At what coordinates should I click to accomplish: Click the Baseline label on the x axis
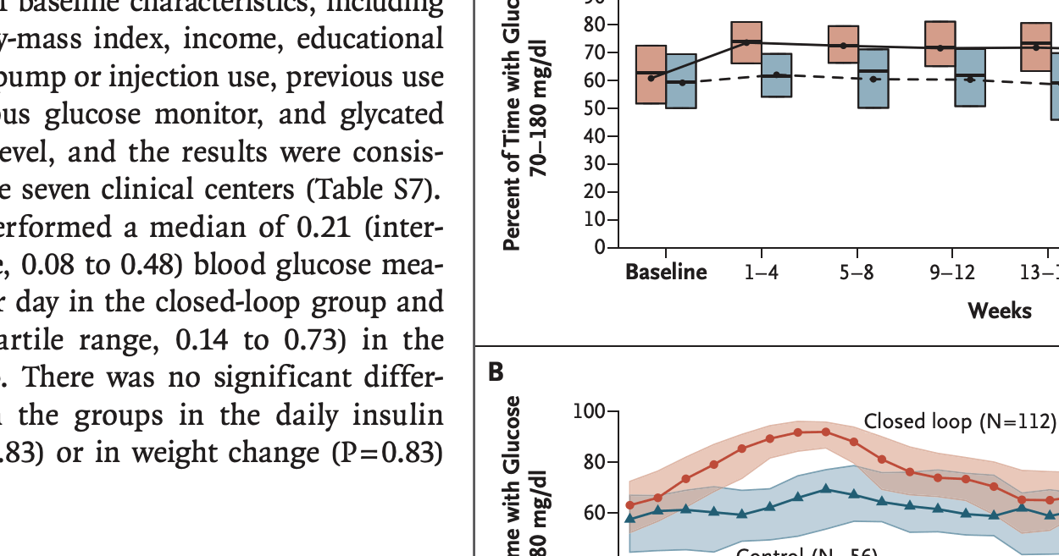[x=665, y=272]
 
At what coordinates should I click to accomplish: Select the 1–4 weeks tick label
[x=762, y=272]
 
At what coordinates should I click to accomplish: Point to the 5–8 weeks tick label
[x=857, y=272]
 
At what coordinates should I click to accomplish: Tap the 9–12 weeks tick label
[x=951, y=272]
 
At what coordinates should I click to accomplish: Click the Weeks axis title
[x=1000, y=311]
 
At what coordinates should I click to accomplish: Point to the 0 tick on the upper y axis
[x=599, y=248]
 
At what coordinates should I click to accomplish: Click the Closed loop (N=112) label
[x=960, y=421]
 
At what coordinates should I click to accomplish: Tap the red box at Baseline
[x=651, y=74]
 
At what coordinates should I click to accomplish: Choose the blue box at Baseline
[x=681, y=81]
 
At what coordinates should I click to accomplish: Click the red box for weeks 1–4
[x=746, y=54]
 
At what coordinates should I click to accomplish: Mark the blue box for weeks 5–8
[x=873, y=78]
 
